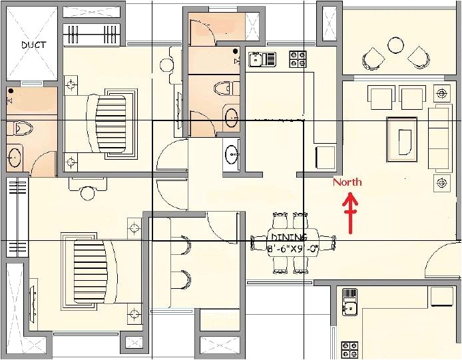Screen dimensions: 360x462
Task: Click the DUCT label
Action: click(x=33, y=45)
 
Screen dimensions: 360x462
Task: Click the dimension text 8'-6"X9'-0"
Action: click(x=293, y=249)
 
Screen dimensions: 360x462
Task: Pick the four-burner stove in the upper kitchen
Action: click(x=297, y=59)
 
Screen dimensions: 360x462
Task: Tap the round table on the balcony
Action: click(x=395, y=45)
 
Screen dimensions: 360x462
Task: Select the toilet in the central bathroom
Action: click(x=224, y=87)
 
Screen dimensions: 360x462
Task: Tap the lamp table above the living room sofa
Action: click(x=441, y=91)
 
